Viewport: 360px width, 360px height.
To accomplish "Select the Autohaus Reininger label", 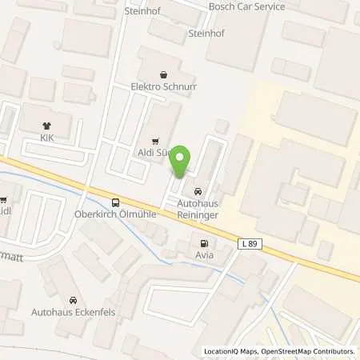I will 198,210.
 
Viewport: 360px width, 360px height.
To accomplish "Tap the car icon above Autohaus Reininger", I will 198,191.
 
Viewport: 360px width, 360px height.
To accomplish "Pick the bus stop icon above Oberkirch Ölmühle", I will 117,202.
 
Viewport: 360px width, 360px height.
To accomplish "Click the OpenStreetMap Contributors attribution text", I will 308,351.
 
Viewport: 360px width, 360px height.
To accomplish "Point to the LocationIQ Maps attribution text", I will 230,351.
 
